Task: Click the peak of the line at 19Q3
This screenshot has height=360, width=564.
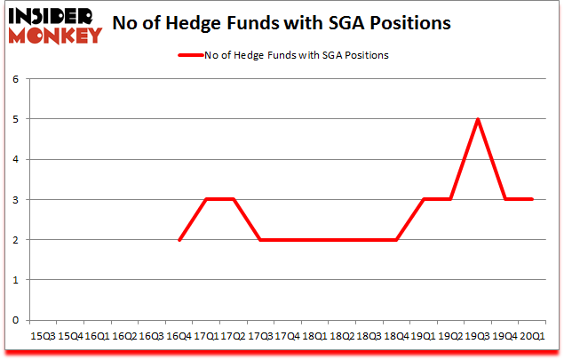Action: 479,119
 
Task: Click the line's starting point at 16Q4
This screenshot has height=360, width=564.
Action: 179,239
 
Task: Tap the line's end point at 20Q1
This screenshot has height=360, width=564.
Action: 533,199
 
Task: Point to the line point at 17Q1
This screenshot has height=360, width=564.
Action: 207,199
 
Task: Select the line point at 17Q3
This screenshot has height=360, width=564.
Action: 261,239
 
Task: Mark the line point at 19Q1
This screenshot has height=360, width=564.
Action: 425,199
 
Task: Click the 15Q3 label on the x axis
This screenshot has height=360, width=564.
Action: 43,336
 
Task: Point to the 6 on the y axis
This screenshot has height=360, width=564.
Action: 15,79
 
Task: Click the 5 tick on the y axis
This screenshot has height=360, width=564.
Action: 15,119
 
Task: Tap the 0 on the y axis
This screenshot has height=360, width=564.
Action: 15,320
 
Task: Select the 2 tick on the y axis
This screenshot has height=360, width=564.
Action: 15,239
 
